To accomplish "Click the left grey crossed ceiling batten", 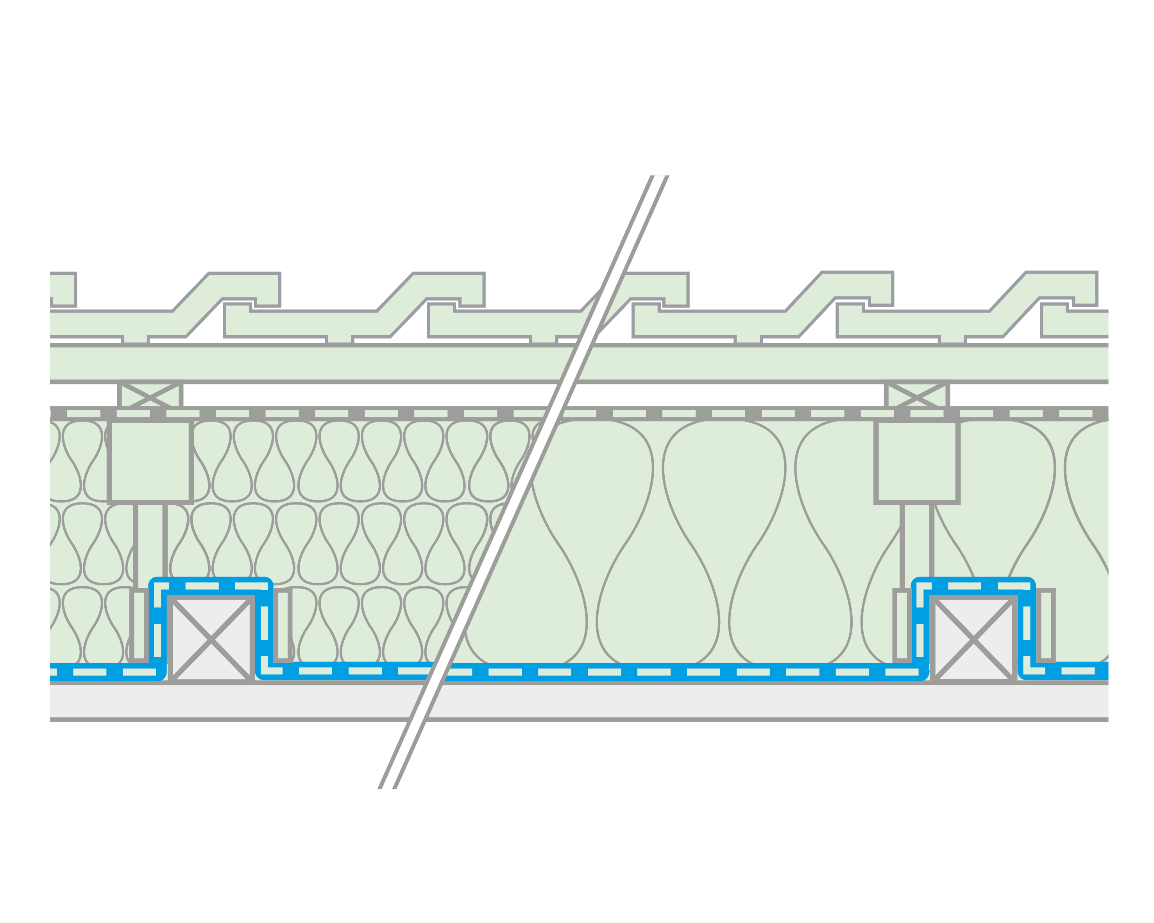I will point(211,639).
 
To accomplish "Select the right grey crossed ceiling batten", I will point(973,639).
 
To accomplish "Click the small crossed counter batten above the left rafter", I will point(150,395).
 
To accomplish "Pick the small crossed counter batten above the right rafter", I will point(917,395).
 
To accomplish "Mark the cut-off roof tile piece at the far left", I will point(63,289).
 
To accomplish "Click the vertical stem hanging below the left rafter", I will point(150,540).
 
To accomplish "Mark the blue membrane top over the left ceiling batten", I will point(211,585).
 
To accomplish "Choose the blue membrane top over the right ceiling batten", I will point(973,585).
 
